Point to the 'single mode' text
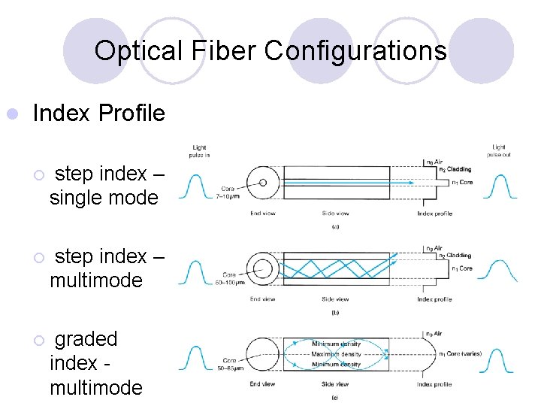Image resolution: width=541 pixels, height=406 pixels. (x=104, y=198)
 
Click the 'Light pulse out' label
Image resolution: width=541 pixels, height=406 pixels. (x=498, y=150)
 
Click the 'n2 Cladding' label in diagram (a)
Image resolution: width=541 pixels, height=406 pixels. (x=455, y=169)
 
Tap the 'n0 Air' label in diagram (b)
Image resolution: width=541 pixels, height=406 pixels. (x=434, y=247)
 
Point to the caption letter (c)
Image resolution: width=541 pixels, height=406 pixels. (x=335, y=396)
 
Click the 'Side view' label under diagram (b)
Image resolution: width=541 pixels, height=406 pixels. (x=335, y=299)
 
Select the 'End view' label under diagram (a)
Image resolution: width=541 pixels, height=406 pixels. (x=263, y=214)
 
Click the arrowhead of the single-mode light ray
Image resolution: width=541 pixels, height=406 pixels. (x=385, y=181)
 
